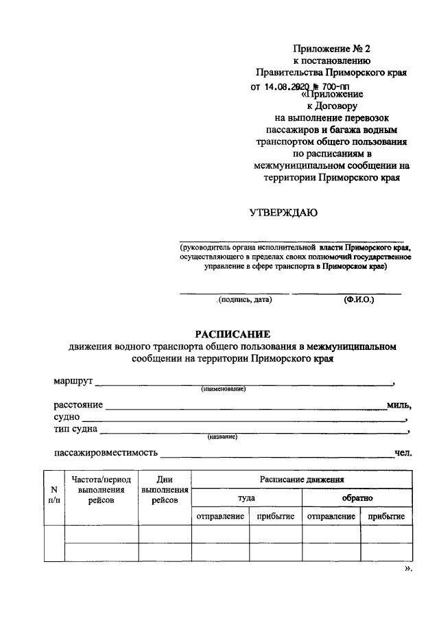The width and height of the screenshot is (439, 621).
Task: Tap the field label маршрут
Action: point(73,381)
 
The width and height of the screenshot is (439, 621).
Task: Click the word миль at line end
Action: point(398,406)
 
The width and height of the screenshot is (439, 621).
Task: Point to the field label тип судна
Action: point(75,430)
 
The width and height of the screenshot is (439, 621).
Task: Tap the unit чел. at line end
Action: point(401,453)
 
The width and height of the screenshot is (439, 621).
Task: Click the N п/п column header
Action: point(54,495)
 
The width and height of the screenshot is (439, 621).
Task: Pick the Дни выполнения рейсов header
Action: point(165,490)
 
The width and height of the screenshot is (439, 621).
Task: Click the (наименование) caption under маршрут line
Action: point(223,390)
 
